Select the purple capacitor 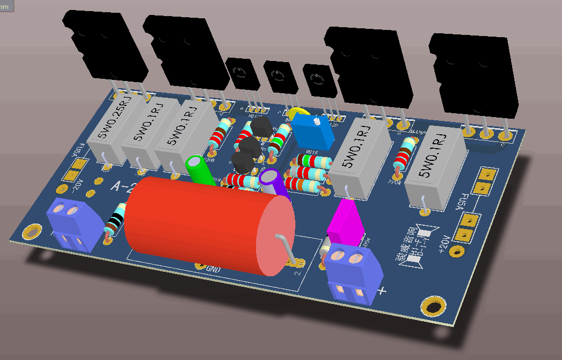[x=274, y=183]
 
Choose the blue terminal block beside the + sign [x=352, y=275]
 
